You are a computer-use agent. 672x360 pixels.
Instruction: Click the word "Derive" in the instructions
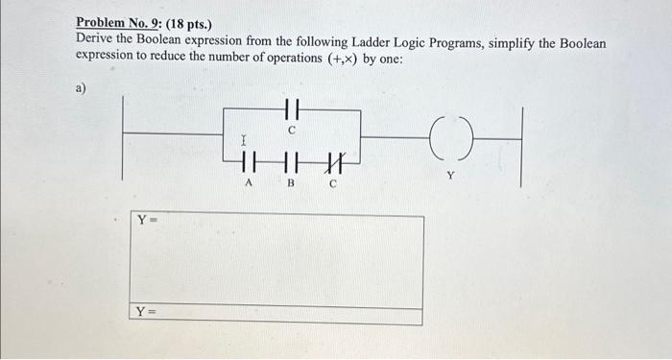98,43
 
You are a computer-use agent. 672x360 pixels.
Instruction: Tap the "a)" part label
81,89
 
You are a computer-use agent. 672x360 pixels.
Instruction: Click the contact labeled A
250,160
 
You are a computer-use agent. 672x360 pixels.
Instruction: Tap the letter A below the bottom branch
250,183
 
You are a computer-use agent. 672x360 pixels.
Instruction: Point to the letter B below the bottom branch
291,183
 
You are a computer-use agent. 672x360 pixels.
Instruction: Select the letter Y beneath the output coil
450,176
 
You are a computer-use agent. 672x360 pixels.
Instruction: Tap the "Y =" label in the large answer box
147,220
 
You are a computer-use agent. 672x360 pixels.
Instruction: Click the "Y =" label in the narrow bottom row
147,311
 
